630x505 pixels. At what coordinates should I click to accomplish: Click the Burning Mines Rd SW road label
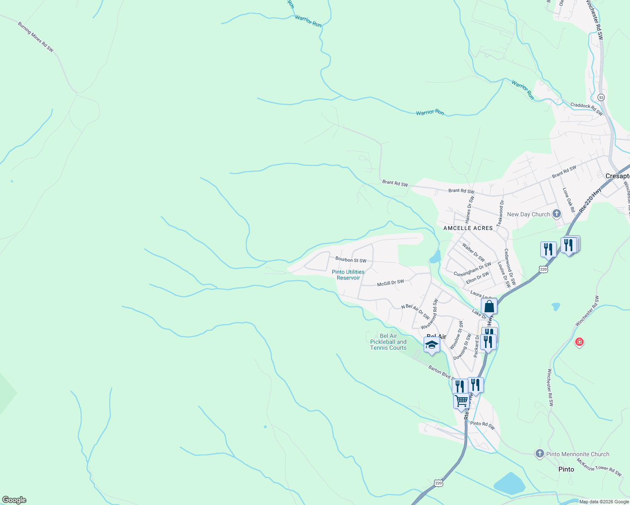(x=36, y=37)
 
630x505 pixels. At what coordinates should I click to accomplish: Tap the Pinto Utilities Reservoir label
(x=348, y=275)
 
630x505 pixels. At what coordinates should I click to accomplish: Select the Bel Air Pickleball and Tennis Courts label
(x=388, y=342)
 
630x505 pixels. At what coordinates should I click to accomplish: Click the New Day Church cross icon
(x=557, y=214)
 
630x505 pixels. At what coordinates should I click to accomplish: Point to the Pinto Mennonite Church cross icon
(x=540, y=454)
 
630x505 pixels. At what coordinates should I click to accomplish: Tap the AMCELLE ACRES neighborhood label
(x=468, y=228)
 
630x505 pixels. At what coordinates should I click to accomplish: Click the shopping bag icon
(x=489, y=306)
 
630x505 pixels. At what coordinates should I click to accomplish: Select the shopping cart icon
(x=461, y=401)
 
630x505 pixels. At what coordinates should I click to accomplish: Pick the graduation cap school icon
(x=432, y=345)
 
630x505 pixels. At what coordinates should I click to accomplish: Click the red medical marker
(x=579, y=342)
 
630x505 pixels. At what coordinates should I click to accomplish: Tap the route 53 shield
(x=601, y=97)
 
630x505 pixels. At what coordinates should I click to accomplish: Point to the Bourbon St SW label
(x=351, y=260)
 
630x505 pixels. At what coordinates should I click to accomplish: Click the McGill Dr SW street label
(x=390, y=283)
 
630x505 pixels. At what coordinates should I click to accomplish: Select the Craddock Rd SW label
(x=586, y=109)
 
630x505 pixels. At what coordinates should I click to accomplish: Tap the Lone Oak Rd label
(x=569, y=199)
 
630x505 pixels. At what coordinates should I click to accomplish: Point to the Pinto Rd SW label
(x=483, y=425)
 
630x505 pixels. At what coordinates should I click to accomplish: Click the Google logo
(x=14, y=500)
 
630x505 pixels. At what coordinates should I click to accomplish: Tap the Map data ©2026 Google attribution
(x=603, y=502)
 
